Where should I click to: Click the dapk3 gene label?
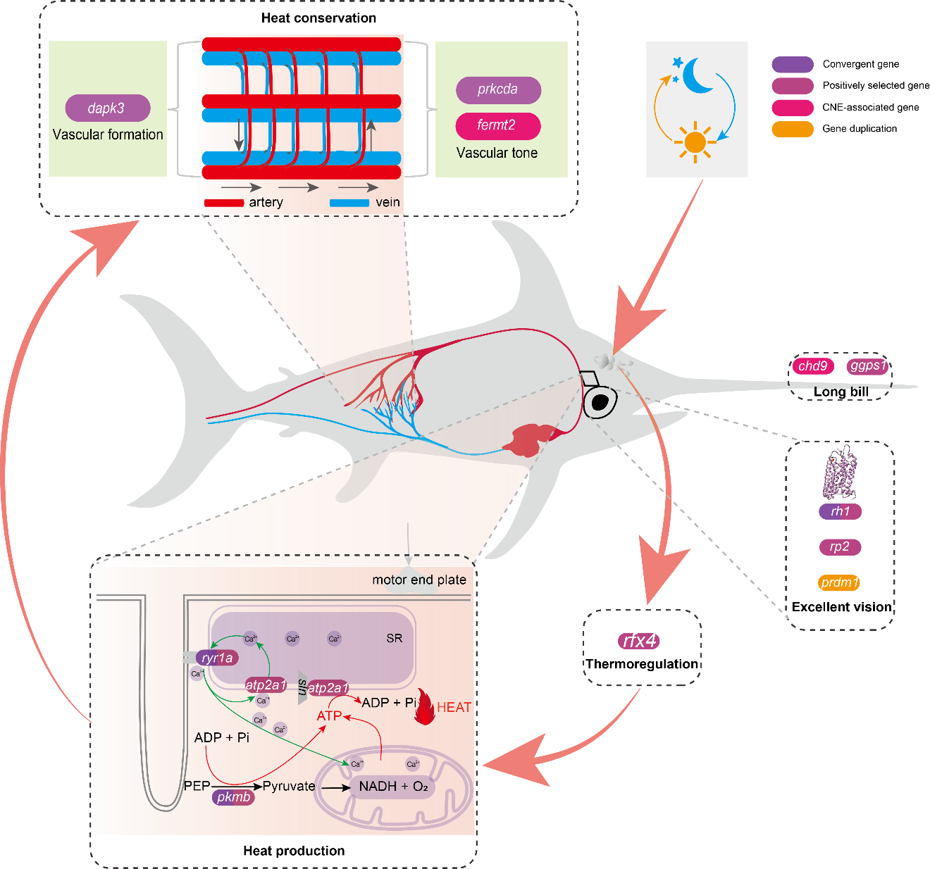point(107,108)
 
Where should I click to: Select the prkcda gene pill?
point(498,89)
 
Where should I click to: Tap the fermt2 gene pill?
point(497,125)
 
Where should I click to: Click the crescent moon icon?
point(697,75)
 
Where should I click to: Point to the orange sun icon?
point(695,142)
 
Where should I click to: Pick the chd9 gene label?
point(813,366)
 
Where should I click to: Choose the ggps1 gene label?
point(867,365)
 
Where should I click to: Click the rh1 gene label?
point(840,511)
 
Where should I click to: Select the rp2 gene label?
point(839,546)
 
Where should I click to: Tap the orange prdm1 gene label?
point(839,582)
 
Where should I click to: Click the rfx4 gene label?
point(640,640)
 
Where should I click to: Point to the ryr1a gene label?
point(217,658)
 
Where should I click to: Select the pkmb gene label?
point(233,797)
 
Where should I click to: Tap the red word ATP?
point(329,715)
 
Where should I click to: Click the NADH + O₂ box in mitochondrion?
point(393,786)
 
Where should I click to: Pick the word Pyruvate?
point(289,786)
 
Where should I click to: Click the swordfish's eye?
point(600,402)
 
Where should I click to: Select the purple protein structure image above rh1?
point(841,471)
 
